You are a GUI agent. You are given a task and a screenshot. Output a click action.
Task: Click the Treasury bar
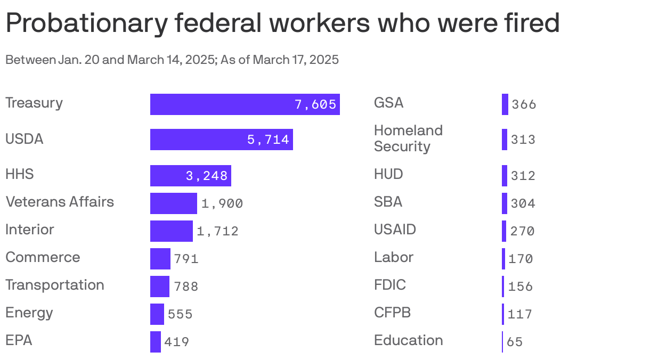coord(245,104)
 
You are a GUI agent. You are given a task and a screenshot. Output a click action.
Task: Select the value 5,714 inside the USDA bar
coord(268,140)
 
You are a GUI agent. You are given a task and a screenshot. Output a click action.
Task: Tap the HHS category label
coord(20,174)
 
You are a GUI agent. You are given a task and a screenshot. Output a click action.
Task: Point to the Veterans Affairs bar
coord(173,203)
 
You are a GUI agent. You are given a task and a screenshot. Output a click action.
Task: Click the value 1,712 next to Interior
coord(217,231)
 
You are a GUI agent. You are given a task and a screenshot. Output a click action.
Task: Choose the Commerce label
coord(43,257)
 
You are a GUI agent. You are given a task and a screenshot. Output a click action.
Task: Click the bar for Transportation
coord(159,287)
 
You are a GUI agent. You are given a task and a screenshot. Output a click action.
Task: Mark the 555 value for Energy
coord(180,314)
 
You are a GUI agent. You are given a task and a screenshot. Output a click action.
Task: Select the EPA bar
coord(155,342)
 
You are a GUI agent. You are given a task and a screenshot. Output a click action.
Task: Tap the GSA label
coord(388,103)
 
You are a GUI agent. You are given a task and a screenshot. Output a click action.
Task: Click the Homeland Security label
coord(408,138)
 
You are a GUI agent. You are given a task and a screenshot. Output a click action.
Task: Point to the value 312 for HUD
coord(523,176)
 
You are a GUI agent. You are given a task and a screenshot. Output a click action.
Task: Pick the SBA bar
coord(504,203)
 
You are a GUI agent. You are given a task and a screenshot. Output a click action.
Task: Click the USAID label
coord(395,230)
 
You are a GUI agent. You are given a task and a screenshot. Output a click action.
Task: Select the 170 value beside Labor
coord(521,259)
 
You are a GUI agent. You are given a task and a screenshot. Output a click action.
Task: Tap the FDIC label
coord(390,285)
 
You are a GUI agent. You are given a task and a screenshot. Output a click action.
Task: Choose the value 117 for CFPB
coord(520,314)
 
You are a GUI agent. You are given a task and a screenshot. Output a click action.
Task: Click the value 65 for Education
coord(515,342)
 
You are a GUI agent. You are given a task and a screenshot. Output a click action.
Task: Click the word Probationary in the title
coord(83,23)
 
